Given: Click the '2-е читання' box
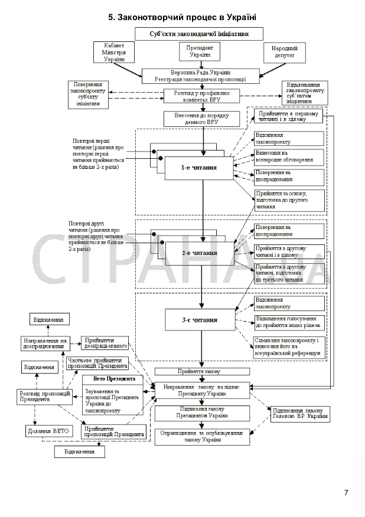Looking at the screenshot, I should pos(200,253).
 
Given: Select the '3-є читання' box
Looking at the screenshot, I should pos(200,320).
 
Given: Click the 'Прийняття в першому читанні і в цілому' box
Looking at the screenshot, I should pos(289,116).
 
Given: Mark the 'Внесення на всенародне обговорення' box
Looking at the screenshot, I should pos(289,156).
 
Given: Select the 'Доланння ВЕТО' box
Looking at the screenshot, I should pos(48,431).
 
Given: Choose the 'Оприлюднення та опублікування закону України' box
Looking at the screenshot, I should pos(202,436).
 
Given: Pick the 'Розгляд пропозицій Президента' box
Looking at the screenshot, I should pos(41,397).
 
